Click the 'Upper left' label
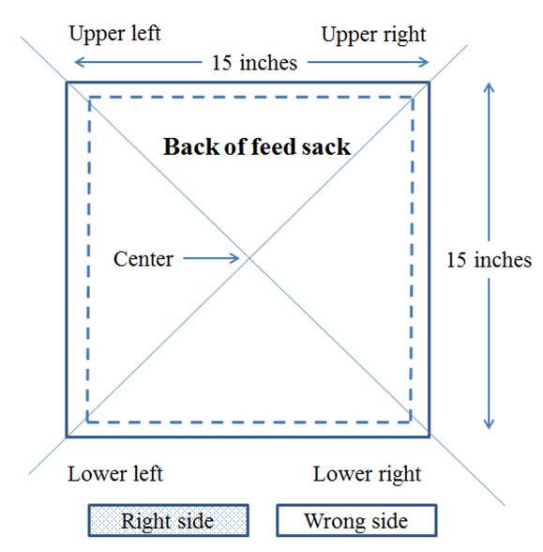tap(115, 34)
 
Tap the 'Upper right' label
tap(373, 36)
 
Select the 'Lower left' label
tap(115, 474)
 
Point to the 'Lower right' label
tap(367, 475)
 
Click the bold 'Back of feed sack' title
tap(257, 146)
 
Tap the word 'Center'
tap(143, 259)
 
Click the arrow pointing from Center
tap(211, 258)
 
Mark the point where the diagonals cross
tap(249, 258)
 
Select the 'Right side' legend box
tap(169, 520)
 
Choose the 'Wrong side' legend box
tap(356, 520)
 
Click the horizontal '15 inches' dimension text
tap(255, 63)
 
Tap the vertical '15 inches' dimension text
tap(489, 260)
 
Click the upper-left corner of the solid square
tap(67, 83)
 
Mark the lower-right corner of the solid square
tap(430, 437)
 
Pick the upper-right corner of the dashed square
tap(413, 98)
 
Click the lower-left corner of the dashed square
tap(87, 422)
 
